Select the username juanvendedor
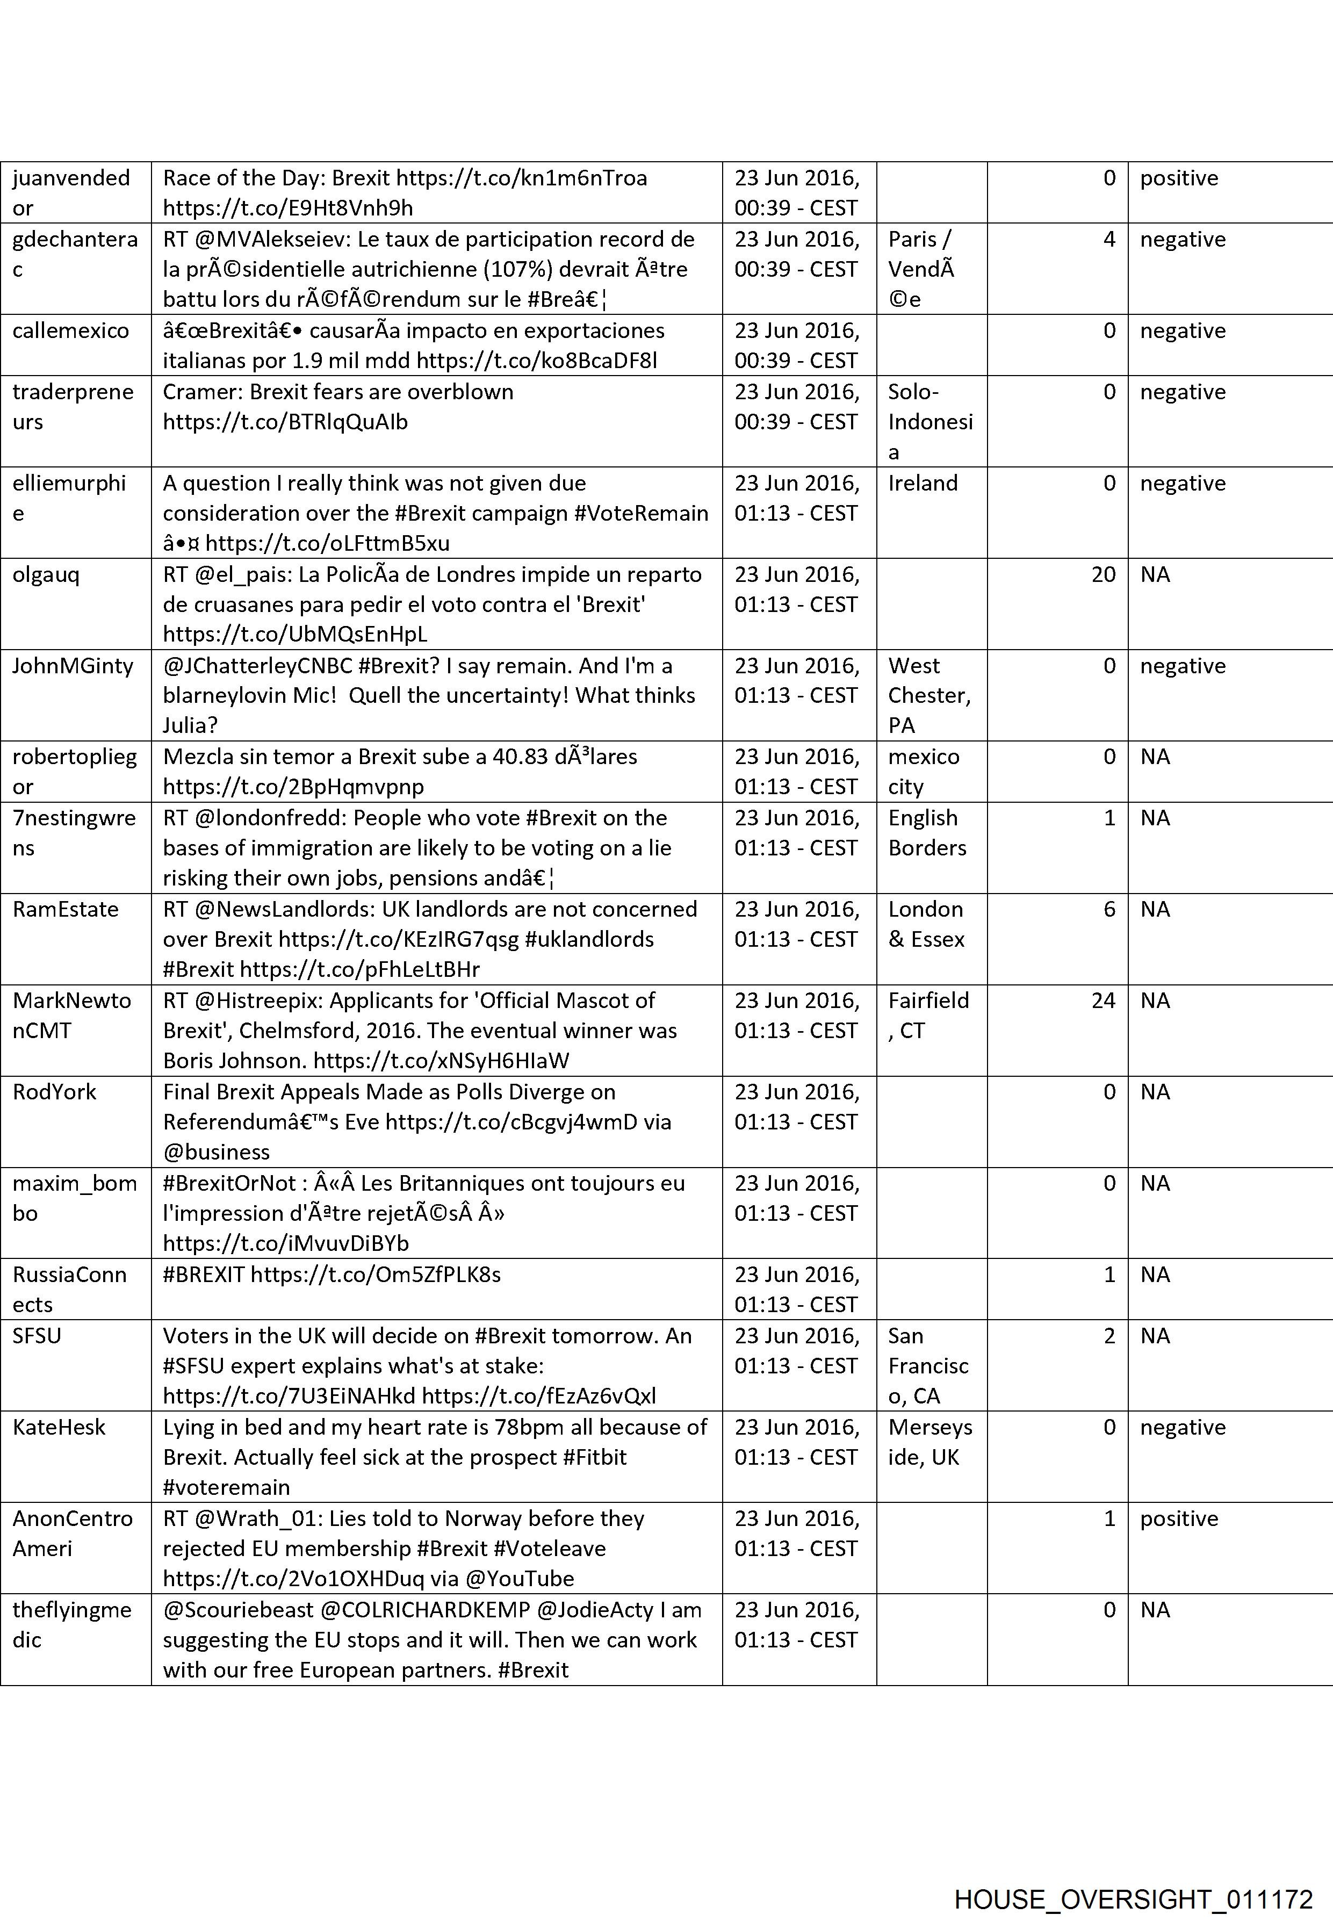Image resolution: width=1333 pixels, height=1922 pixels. click(x=71, y=192)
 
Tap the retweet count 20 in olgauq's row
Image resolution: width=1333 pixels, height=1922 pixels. click(x=1103, y=575)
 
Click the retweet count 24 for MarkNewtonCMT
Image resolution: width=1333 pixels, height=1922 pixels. click(x=1103, y=1000)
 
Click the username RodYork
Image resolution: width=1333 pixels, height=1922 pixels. click(x=54, y=1092)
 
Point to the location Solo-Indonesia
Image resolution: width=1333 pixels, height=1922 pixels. click(x=930, y=422)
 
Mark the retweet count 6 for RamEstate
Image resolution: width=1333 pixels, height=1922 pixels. click(x=1108, y=910)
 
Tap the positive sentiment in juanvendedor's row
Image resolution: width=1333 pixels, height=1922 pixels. click(x=1178, y=178)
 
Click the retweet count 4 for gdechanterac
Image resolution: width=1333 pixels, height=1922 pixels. click(x=1108, y=240)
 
